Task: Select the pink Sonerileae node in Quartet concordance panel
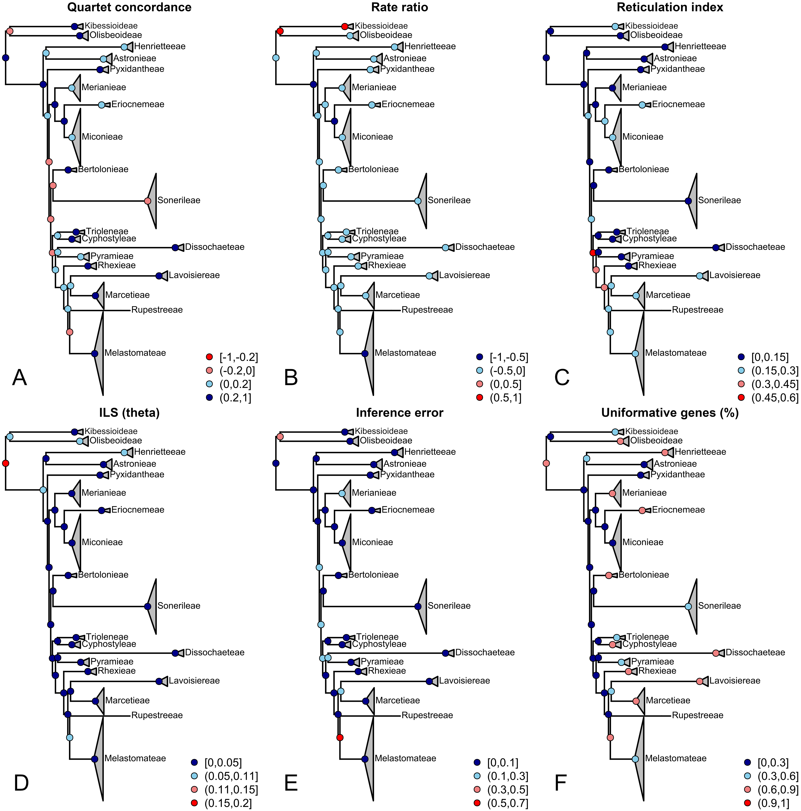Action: coord(147,201)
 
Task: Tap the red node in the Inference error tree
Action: coord(340,738)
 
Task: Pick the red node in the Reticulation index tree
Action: coord(592,253)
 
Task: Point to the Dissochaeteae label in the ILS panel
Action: coord(214,652)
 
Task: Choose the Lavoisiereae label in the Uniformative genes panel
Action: coord(735,680)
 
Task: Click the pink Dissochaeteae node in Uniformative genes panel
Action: coord(716,653)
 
